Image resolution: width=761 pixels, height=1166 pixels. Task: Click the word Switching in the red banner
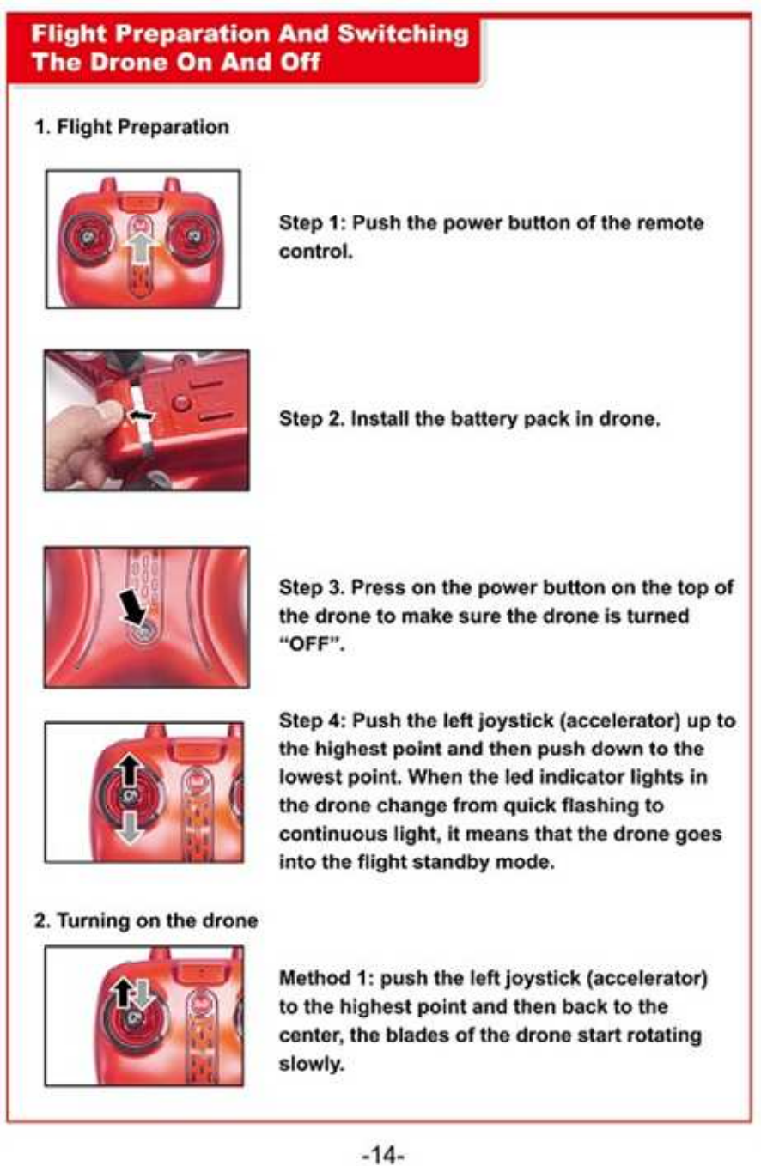click(x=403, y=34)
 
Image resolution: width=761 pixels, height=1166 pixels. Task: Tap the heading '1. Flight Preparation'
click(x=131, y=127)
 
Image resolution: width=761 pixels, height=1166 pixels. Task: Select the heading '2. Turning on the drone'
click(x=146, y=920)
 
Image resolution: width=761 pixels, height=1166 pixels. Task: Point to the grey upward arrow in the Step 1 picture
click(x=140, y=248)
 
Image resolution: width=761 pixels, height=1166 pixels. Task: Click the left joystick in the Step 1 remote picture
click(x=87, y=237)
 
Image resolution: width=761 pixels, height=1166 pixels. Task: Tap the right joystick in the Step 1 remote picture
click(x=192, y=237)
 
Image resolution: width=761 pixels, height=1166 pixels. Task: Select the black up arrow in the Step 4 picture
click(x=130, y=769)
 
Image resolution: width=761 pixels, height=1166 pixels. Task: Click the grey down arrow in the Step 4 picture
click(x=130, y=826)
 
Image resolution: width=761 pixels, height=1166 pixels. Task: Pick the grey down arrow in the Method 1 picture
click(x=143, y=994)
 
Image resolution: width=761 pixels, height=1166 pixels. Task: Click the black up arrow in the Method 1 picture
click(x=124, y=993)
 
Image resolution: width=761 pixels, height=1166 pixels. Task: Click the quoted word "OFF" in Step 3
click(x=312, y=645)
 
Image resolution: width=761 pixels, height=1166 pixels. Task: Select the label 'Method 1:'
click(x=327, y=978)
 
